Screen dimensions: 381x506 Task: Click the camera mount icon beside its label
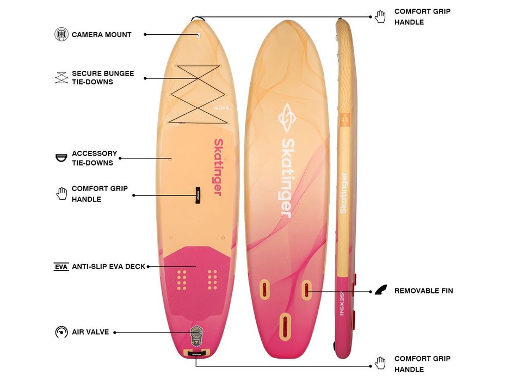(61, 34)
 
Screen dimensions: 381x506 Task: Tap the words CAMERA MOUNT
(102, 34)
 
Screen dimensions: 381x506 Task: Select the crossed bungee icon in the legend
(61, 77)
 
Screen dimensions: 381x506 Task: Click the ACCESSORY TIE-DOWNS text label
(94, 158)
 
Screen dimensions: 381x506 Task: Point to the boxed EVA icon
(61, 267)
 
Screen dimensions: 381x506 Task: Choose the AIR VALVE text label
(90, 332)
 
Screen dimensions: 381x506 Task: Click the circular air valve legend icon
(61, 332)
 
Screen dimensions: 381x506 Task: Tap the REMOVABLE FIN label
(423, 291)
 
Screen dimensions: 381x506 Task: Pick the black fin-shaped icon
(382, 291)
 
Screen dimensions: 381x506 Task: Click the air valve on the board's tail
(196, 333)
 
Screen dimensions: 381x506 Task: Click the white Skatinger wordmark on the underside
(287, 177)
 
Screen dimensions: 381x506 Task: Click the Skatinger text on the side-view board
(343, 193)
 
